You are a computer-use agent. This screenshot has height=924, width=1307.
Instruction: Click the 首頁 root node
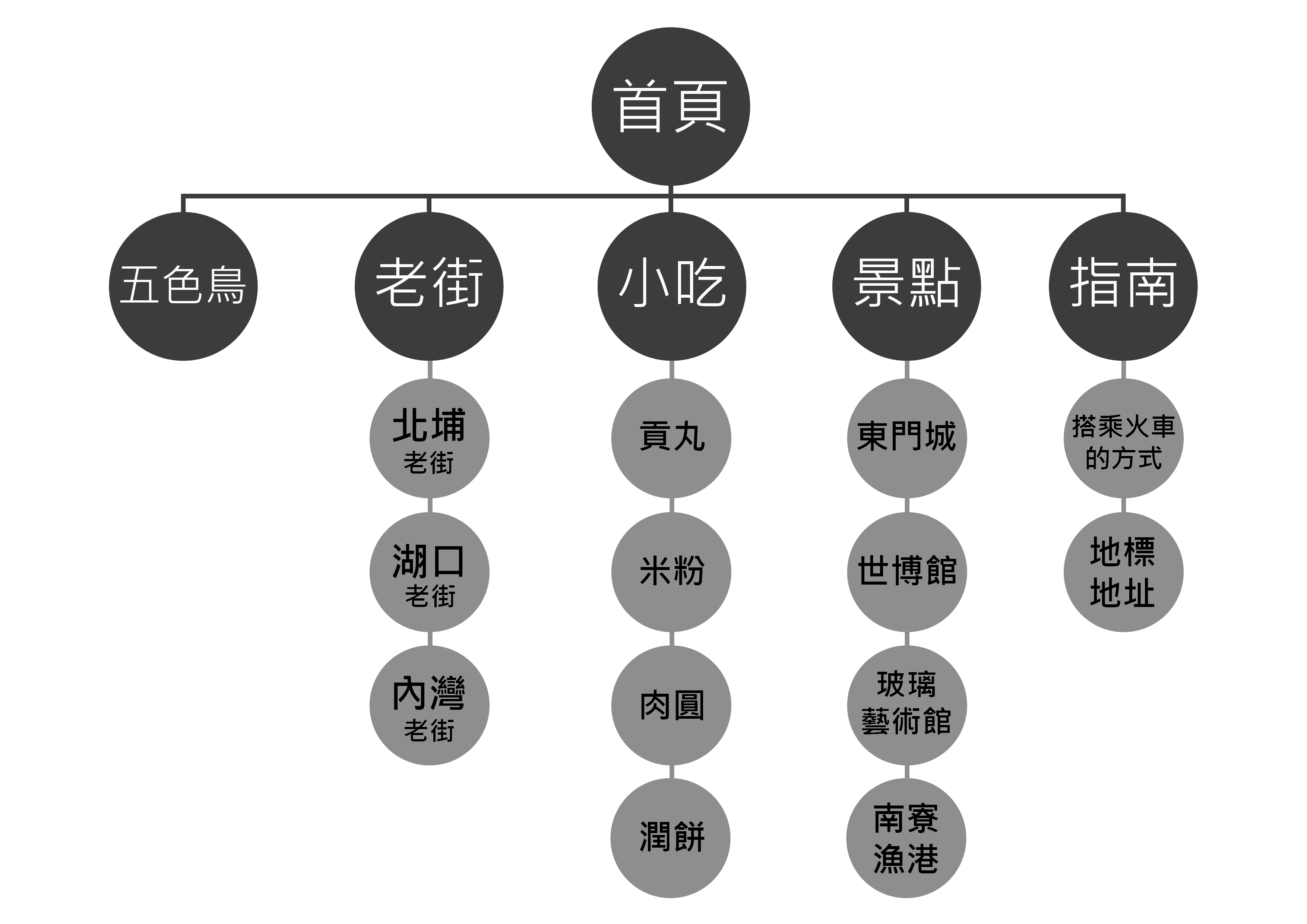(671, 107)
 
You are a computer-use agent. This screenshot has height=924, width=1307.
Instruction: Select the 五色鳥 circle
(183, 287)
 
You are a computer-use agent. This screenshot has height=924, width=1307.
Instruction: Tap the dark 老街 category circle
(429, 287)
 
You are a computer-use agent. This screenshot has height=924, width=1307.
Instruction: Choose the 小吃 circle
(672, 287)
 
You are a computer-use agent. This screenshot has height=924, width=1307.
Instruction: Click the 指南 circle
(1123, 287)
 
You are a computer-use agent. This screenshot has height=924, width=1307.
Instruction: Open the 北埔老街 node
(429, 439)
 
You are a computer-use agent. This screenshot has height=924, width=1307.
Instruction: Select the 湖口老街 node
(429, 572)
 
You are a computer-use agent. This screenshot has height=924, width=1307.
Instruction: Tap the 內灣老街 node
(429, 706)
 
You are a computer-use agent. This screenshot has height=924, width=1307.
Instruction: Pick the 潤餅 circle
(671, 839)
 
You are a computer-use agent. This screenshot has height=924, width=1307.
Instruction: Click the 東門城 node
(907, 439)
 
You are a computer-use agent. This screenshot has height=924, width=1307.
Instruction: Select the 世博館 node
(907, 572)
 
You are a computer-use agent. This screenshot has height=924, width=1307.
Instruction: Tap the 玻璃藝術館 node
(907, 706)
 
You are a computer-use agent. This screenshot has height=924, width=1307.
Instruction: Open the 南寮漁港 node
(906, 839)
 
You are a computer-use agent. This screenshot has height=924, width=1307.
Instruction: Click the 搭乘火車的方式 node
(1123, 439)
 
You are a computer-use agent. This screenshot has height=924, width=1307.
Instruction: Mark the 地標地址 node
(1123, 572)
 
